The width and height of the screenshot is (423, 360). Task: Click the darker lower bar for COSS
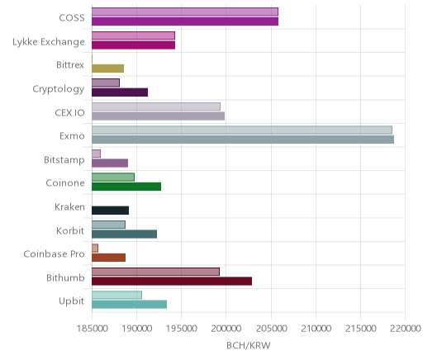[x=185, y=21]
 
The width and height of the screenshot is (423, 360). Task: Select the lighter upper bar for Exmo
[x=242, y=130]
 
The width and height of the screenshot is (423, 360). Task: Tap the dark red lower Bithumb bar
[x=172, y=282]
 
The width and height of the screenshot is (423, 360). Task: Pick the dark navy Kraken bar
[x=111, y=211]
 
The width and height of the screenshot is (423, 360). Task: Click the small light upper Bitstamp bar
[x=97, y=154]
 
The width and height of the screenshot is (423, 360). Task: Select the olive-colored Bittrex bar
[x=108, y=69]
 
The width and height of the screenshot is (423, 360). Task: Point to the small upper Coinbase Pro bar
[x=95, y=248]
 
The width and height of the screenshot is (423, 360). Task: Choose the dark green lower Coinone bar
[x=126, y=187]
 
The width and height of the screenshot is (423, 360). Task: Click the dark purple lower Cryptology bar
[x=120, y=92]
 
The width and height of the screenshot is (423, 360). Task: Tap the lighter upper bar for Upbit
[x=117, y=295]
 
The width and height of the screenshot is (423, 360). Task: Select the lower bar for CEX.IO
[x=159, y=116]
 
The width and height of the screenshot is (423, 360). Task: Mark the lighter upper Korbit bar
[x=109, y=225]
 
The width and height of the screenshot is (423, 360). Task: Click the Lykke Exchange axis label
[x=49, y=42]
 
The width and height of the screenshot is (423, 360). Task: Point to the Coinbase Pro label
[x=54, y=253]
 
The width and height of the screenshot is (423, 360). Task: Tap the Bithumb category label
[x=65, y=277]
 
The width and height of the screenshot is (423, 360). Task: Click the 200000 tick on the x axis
[x=226, y=329]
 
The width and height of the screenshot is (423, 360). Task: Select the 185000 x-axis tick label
[x=92, y=329]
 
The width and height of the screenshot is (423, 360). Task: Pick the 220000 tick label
[x=405, y=329]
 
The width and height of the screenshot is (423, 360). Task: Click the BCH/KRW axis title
[x=249, y=345]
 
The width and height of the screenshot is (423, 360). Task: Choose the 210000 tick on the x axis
[x=316, y=329]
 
